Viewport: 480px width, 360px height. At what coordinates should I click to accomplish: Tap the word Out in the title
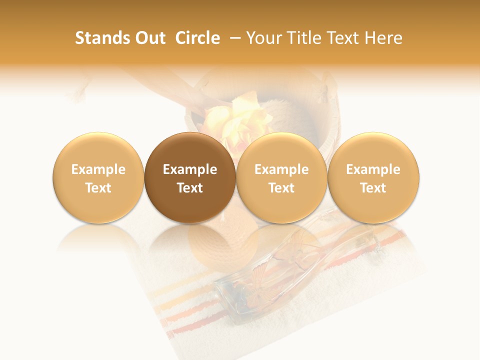149,38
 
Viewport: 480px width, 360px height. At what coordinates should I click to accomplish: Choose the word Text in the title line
345,38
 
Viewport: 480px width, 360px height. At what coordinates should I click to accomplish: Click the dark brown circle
190,177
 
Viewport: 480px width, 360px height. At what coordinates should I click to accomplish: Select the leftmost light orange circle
98,177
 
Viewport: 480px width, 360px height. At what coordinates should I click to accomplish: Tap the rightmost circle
373,177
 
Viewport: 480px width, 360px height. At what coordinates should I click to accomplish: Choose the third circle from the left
281,177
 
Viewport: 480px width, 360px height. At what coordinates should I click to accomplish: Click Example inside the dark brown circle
190,169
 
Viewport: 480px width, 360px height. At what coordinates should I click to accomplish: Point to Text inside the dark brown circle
190,188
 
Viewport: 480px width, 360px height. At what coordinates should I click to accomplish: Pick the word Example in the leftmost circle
98,169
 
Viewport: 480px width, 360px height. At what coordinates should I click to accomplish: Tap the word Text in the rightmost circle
373,188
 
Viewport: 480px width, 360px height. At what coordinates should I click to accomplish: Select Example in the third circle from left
281,169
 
